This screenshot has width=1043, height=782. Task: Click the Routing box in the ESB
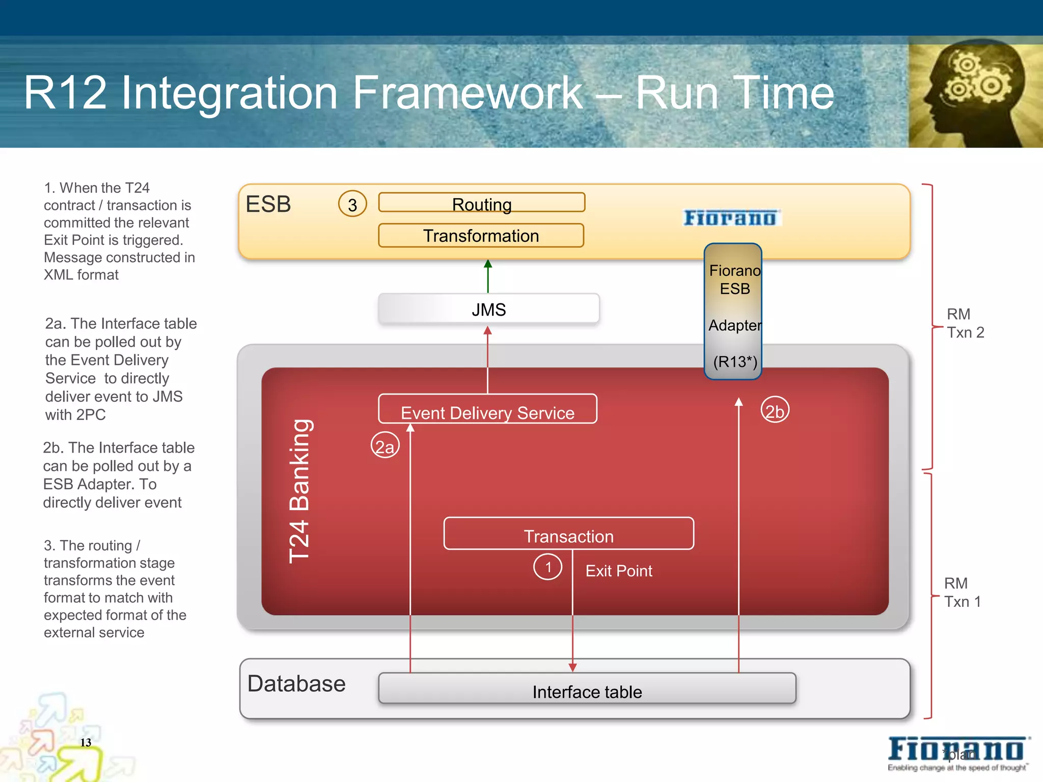click(481, 203)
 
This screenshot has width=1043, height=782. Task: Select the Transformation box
click(481, 236)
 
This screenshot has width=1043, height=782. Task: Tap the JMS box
click(488, 309)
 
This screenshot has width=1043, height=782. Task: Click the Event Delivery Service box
click(487, 409)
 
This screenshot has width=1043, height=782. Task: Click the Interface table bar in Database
click(587, 689)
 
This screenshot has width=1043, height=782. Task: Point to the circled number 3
click(352, 204)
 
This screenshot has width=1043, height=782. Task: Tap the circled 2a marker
click(385, 445)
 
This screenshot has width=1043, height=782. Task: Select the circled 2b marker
click(775, 410)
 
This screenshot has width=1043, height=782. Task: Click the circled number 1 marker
click(547, 567)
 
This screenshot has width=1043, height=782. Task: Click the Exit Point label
click(618, 571)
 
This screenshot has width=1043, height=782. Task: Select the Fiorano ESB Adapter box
click(733, 312)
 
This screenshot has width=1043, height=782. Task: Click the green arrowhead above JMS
click(488, 264)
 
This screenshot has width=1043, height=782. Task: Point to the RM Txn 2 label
click(965, 323)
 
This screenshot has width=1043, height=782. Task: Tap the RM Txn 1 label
click(962, 593)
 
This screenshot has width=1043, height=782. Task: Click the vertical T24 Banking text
click(299, 491)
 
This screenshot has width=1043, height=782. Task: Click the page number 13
click(86, 742)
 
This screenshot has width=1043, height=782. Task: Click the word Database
click(296, 684)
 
